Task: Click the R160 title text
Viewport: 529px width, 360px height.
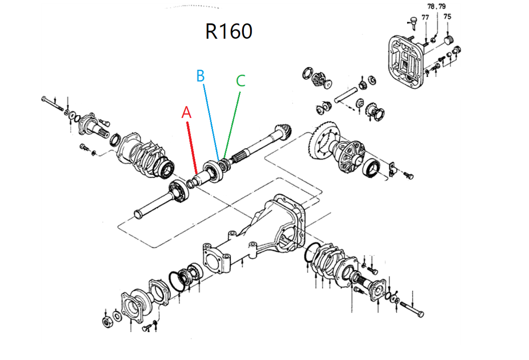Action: pyautogui.click(x=228, y=32)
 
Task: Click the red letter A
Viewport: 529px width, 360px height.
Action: pyautogui.click(x=186, y=113)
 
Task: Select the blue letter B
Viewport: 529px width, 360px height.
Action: pyautogui.click(x=200, y=76)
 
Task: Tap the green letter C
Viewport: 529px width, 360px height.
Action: pyautogui.click(x=241, y=81)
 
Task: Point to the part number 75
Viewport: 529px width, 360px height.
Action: pyautogui.click(x=447, y=17)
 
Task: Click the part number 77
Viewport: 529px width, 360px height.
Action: pyautogui.click(x=425, y=17)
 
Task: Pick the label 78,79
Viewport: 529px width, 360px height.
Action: pyautogui.click(x=437, y=7)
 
